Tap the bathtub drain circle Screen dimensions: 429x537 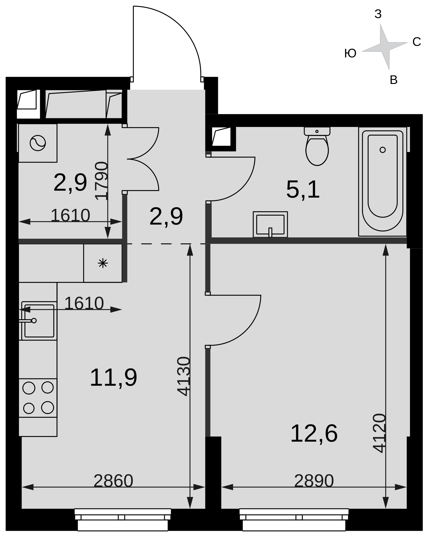[383, 150]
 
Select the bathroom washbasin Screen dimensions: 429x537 [270, 224]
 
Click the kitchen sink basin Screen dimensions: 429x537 [39, 321]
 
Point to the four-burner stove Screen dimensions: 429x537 [38, 398]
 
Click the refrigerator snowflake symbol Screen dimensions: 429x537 [103, 263]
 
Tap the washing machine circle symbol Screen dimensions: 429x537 [38, 143]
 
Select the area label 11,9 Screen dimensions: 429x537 [114, 378]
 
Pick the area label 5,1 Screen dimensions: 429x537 [303, 190]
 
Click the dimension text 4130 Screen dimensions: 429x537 [183, 376]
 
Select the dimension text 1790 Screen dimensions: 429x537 [101, 181]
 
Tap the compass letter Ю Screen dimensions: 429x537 [350, 53]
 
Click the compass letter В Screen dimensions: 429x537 [394, 80]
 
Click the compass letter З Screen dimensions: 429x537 [378, 14]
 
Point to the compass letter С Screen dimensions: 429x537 [417, 42]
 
